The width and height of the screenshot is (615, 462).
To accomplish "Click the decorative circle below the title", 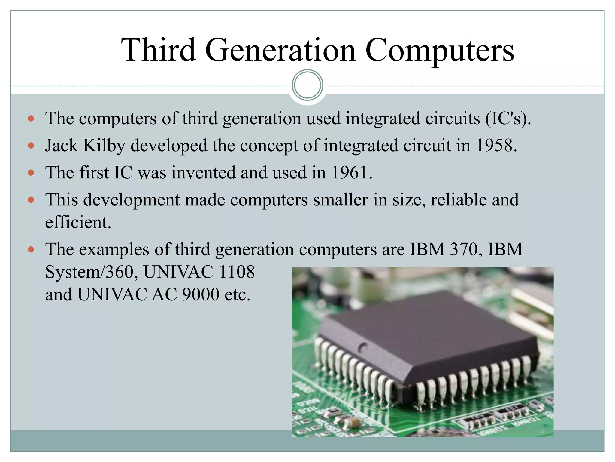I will [x=307, y=85].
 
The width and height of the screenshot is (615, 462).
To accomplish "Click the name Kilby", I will [x=104, y=146].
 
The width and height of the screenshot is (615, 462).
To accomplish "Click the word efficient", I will [x=78, y=223].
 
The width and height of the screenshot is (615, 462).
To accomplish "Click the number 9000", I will [x=201, y=294].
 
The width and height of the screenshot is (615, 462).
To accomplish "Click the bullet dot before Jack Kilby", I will [x=31, y=146].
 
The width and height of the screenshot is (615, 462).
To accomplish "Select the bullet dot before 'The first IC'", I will [x=31, y=173].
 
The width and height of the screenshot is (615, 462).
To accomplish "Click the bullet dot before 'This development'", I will [x=31, y=200].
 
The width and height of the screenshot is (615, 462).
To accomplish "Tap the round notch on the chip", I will [x=363, y=347].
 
